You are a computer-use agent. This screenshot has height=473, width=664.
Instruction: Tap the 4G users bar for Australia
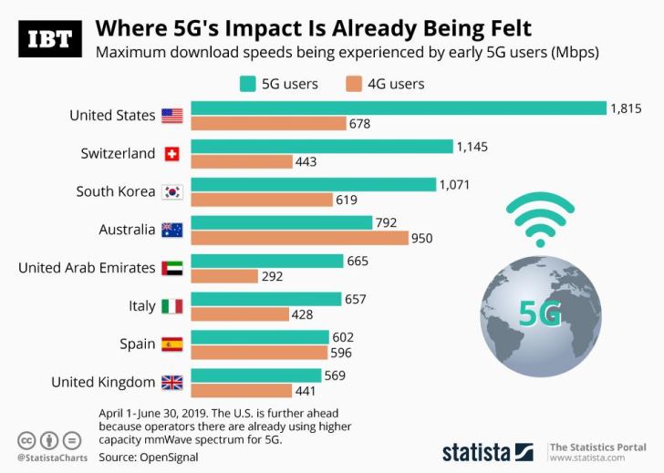[299, 238]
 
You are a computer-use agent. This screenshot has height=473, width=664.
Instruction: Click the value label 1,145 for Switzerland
[473, 146]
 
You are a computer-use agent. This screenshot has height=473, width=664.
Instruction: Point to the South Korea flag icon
[171, 191]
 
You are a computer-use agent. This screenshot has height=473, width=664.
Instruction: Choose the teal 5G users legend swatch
[246, 84]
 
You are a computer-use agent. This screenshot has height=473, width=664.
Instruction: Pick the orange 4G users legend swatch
[353, 84]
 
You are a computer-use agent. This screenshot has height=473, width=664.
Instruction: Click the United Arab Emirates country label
[87, 268]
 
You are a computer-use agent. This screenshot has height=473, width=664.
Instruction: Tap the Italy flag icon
[171, 306]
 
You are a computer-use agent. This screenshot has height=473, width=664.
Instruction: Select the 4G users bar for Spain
[259, 353]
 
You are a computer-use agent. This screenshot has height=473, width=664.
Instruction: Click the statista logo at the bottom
[487, 450]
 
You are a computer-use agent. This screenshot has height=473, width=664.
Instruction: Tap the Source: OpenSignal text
[150, 457]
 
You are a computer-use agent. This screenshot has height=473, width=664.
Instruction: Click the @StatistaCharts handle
[52, 458]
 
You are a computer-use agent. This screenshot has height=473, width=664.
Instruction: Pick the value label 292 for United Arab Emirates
[273, 276]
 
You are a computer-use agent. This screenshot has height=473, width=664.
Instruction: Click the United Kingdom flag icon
[171, 383]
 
